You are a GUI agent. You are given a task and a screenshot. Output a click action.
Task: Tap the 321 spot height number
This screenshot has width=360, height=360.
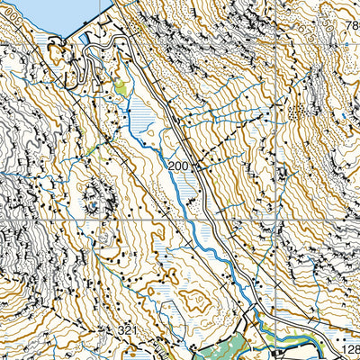click(127, 331)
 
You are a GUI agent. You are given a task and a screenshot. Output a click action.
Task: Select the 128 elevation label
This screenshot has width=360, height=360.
click(351, 349)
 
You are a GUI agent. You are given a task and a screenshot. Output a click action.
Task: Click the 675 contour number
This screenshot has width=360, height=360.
click(306, 36)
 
